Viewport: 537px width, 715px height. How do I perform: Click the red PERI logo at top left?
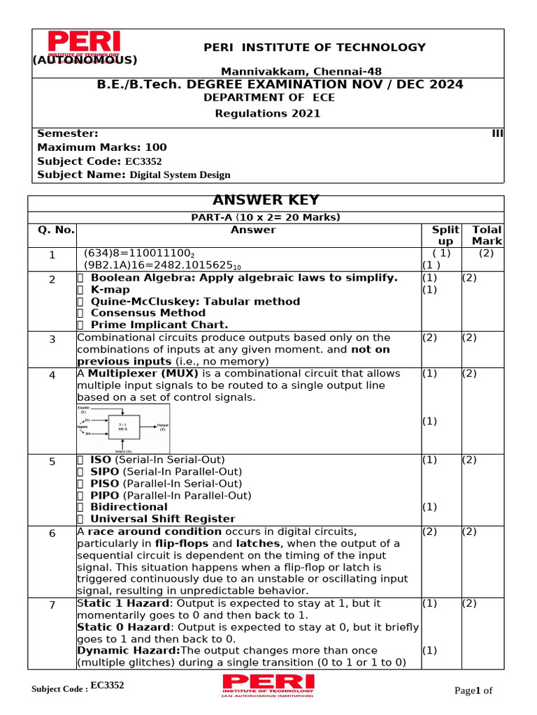point(84,44)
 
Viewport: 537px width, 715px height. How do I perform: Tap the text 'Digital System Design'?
point(180,175)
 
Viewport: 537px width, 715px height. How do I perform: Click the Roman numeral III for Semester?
point(498,133)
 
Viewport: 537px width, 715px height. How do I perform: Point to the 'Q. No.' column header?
point(52,230)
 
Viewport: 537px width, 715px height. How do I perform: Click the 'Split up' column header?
point(445,235)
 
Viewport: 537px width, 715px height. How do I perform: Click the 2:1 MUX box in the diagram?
point(122,426)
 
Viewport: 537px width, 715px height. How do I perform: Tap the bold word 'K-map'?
point(110,290)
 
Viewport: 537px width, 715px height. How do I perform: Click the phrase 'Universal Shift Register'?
point(163,519)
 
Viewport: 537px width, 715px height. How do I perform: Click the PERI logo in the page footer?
point(268,685)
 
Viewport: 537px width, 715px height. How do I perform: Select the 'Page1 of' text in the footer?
point(473,691)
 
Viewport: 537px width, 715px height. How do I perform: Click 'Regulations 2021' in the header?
point(267,113)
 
